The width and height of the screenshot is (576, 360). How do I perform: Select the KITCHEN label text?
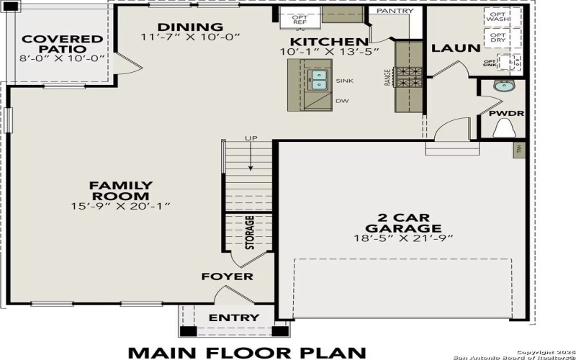pyautogui.click(x=328, y=42)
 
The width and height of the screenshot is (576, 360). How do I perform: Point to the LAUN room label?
pyautogui.click(x=455, y=48)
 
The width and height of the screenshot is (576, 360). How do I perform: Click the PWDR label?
pyautogui.click(x=506, y=114)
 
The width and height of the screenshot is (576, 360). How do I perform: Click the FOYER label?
pyautogui.click(x=227, y=276)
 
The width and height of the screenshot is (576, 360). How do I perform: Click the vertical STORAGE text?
pyautogui.click(x=250, y=232)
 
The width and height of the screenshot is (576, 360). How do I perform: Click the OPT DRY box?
pyautogui.click(x=497, y=37)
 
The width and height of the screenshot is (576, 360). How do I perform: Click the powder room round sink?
pyautogui.click(x=502, y=87)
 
